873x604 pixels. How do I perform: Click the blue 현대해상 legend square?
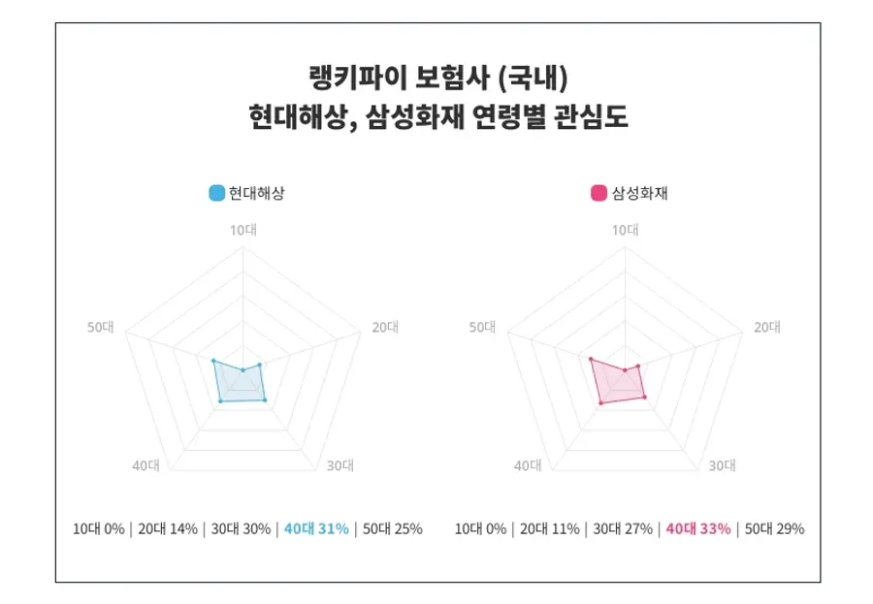[217, 193]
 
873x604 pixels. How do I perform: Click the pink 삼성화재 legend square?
[599, 193]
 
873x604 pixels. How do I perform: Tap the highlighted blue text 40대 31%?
[315, 529]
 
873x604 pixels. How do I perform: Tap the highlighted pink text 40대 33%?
[697, 529]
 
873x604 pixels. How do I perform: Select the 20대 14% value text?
[167, 529]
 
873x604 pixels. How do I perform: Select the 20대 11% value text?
[549, 529]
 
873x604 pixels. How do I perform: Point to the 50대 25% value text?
[392, 529]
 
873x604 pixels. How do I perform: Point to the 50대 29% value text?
[774, 529]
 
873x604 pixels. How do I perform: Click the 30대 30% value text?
[241, 529]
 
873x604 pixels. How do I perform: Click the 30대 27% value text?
[623, 529]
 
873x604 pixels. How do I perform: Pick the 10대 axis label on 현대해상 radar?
[242, 230]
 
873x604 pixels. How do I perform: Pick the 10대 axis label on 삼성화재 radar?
[625, 230]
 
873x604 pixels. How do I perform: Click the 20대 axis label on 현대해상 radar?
[385, 328]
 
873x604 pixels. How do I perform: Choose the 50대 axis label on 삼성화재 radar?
[482, 328]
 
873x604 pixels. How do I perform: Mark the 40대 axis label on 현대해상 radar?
[145, 465]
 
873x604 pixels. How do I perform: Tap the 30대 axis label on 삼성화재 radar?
[722, 465]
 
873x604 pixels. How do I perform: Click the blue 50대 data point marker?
[212, 361]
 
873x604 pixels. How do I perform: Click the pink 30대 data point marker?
[643, 397]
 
